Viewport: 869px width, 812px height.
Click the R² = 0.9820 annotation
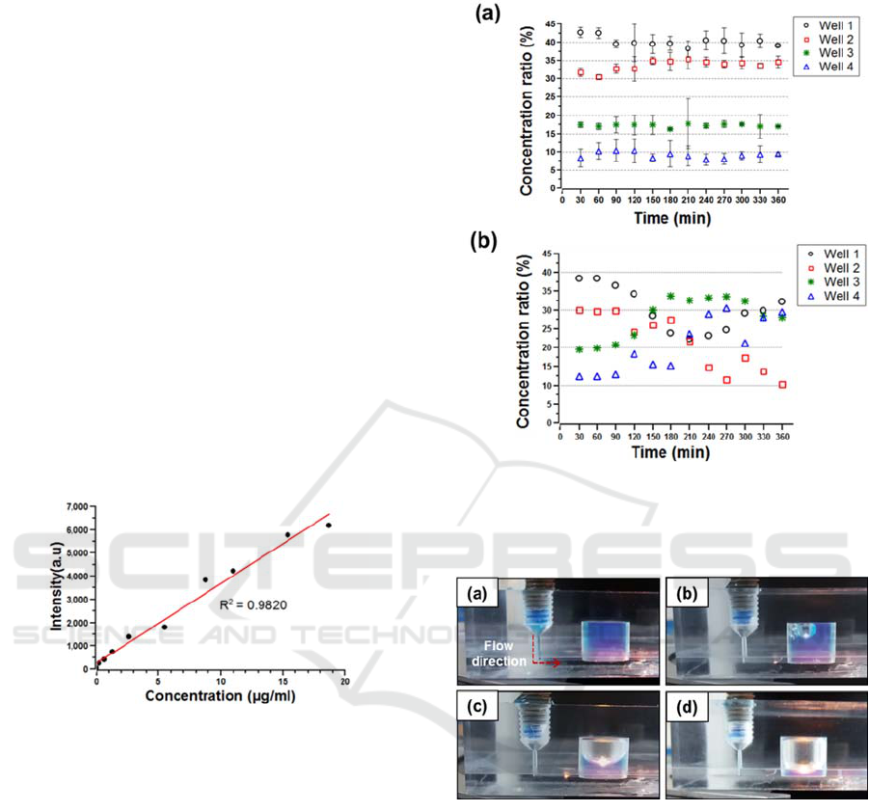252,605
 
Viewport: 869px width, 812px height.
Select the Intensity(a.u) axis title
56,584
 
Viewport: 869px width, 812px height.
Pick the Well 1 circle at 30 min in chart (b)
580,279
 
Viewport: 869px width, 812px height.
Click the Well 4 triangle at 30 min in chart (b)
580,376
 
